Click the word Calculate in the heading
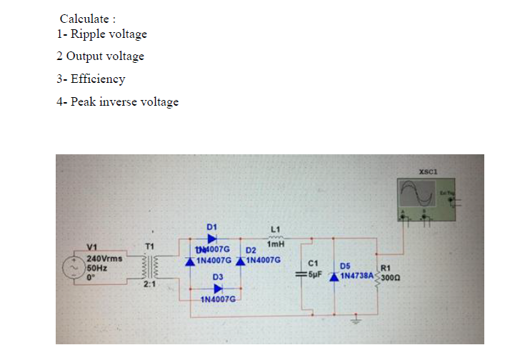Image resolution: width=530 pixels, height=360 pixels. (83, 18)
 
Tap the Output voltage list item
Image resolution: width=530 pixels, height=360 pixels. (105, 56)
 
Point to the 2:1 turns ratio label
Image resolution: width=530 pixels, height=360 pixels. (149, 286)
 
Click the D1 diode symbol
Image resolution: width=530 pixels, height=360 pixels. (211, 239)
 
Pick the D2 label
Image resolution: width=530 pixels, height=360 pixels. (251, 251)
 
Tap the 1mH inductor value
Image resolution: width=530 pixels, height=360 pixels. (276, 242)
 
